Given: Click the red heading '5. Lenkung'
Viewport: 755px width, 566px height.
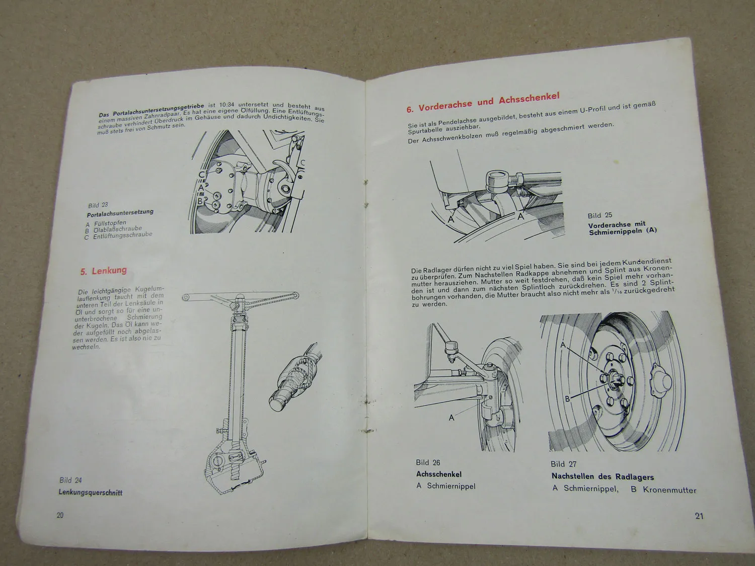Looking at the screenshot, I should [104, 271].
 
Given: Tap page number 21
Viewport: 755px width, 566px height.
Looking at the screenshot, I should [699, 516].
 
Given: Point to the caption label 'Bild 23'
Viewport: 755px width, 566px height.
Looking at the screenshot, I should [98, 205].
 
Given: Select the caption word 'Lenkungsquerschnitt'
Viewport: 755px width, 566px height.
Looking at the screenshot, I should [91, 493].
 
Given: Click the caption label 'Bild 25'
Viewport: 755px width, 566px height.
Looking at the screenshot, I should [600, 215].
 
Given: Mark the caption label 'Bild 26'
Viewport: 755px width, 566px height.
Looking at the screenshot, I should [428, 462].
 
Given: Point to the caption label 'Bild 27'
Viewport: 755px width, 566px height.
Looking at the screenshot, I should [564, 464].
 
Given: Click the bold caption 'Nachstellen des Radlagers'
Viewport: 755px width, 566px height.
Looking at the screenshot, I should [602, 476].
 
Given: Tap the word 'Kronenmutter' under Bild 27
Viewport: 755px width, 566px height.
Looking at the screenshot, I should [669, 490].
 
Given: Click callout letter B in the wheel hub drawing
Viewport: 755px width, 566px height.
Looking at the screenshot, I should [567, 398].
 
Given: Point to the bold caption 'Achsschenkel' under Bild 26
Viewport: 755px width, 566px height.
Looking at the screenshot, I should [439, 474].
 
